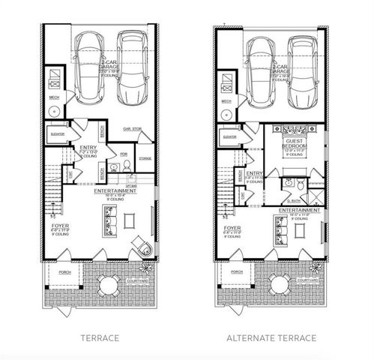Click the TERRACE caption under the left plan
[x=100, y=338]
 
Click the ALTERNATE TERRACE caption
[x=271, y=338]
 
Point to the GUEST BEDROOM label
[x=292, y=144]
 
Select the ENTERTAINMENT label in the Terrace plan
[x=115, y=191]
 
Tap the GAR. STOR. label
[x=133, y=128]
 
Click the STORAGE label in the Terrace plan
[x=145, y=158]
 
